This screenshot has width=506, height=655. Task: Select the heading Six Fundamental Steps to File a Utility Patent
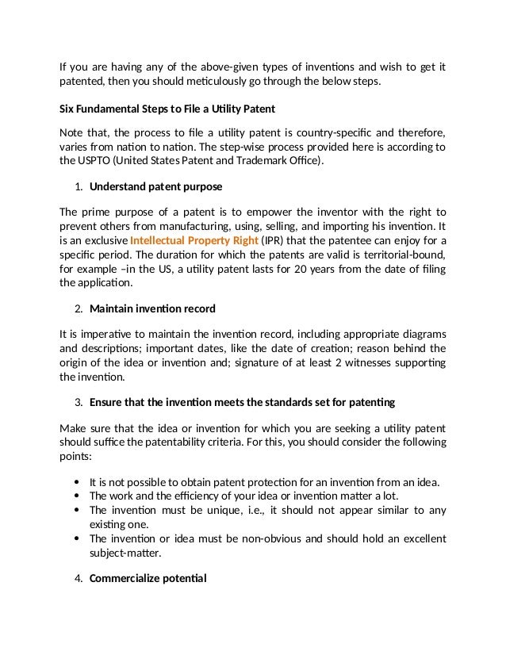click(x=167, y=107)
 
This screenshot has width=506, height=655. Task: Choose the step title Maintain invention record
click(x=152, y=308)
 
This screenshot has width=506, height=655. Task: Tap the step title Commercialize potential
click(x=148, y=578)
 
